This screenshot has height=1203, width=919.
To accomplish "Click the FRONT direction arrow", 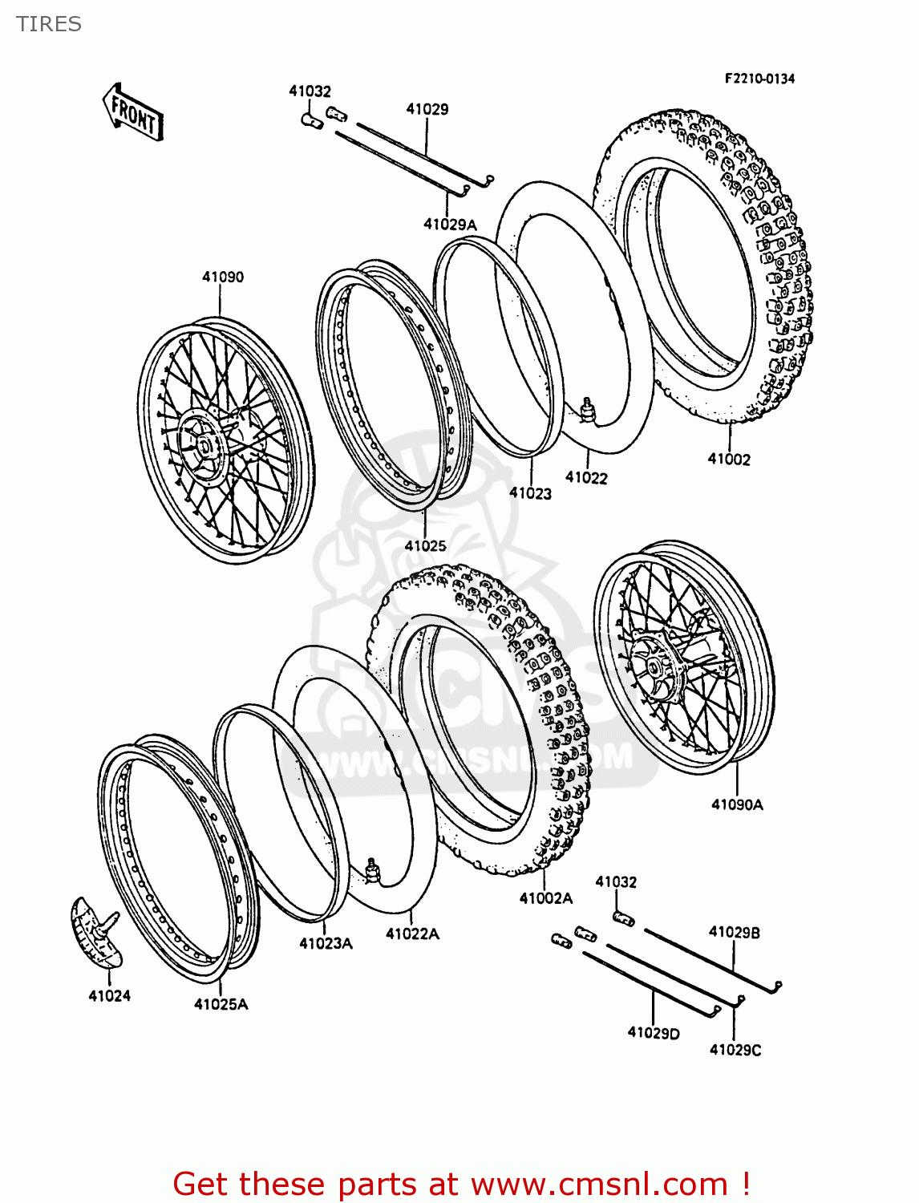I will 133,113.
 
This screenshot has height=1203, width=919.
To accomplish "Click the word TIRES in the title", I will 49,24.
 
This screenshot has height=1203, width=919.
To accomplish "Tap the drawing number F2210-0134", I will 759,79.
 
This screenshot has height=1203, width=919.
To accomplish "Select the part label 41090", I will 222,277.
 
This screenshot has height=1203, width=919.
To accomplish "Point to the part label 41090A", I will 737,804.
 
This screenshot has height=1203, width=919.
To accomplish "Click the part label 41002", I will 729,460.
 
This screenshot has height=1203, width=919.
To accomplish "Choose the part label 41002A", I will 545,898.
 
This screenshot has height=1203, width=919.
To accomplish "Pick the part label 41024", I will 109,996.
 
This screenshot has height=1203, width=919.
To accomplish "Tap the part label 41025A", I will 221,1004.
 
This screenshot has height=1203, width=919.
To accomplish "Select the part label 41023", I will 530,493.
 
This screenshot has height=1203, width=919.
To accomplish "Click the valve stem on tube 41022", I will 588,407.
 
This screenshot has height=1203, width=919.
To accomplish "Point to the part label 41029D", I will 653,1033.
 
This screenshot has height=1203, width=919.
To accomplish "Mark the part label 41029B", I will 734,932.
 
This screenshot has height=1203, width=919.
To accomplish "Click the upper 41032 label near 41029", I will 310,91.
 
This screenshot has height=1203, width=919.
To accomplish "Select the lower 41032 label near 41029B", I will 616,882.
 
